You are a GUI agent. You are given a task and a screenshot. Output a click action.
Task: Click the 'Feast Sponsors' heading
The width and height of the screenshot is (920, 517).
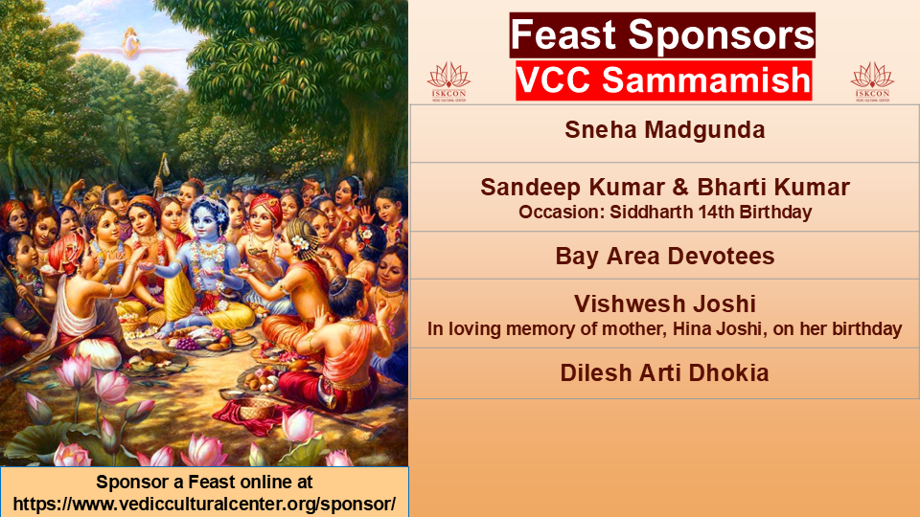pyautogui.click(x=662, y=35)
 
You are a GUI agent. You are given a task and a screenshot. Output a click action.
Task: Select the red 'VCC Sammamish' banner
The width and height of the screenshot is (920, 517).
pyautogui.click(x=663, y=80)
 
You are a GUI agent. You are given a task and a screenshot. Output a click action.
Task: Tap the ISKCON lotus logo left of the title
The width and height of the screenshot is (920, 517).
pyautogui.click(x=448, y=82)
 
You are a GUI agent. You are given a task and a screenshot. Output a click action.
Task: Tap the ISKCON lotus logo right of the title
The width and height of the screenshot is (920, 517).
pyautogui.click(x=872, y=82)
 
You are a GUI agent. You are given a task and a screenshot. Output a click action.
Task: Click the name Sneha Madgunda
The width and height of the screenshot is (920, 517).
pyautogui.click(x=665, y=130)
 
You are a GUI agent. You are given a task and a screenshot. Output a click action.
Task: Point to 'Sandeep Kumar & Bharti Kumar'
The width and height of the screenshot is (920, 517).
pyautogui.click(x=665, y=188)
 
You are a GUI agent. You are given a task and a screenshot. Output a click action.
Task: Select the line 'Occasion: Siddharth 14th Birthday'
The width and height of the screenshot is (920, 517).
pyautogui.click(x=665, y=213)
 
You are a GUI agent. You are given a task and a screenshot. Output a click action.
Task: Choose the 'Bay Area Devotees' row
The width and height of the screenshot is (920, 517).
pyautogui.click(x=665, y=257)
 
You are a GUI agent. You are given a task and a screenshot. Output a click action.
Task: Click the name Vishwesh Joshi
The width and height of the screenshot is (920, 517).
pyautogui.click(x=665, y=304)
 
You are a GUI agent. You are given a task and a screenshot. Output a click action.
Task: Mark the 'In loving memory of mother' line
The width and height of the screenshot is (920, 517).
pyautogui.click(x=665, y=328)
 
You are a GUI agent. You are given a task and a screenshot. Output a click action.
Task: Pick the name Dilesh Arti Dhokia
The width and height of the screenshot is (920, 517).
pyautogui.click(x=665, y=373)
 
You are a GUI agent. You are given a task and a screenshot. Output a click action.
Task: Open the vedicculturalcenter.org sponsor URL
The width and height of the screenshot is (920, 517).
pyautogui.click(x=204, y=505)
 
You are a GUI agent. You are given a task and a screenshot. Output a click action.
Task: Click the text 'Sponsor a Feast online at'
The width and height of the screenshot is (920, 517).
pyautogui.click(x=204, y=482)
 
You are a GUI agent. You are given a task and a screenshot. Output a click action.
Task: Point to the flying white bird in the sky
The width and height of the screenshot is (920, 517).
pyautogui.click(x=131, y=44)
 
